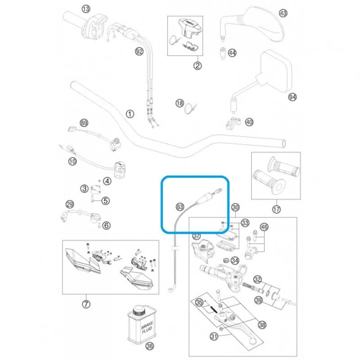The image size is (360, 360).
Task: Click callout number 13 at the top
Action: point(86,9)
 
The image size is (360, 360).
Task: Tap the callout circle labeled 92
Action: point(140,51)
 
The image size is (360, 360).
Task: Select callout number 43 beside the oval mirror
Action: point(283,13)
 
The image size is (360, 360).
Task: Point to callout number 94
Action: point(292,97)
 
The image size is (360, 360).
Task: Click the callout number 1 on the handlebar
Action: point(130,114)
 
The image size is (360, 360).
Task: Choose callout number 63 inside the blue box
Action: point(180,207)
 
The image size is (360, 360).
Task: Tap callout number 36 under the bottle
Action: point(150,346)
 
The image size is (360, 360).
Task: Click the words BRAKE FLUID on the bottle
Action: point(147,328)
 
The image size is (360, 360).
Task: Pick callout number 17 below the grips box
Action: point(276,210)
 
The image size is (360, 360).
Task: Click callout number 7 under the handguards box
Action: point(86,304)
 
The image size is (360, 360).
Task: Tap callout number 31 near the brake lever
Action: point(214,336)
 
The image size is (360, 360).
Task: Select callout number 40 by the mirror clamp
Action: point(249,122)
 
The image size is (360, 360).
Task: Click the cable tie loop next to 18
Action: point(189,108)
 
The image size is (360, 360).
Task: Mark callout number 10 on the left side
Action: point(73,161)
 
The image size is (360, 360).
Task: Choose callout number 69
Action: point(84,123)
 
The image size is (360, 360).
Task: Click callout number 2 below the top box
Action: point(198,66)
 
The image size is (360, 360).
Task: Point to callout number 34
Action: point(235,260)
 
